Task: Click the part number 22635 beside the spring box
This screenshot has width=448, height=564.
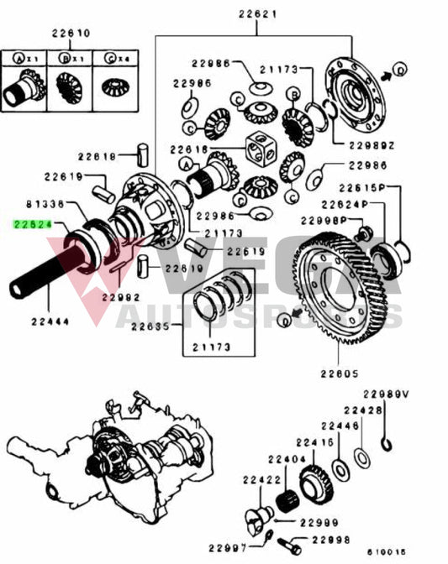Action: point(165,328)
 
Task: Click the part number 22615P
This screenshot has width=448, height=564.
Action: point(361,188)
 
